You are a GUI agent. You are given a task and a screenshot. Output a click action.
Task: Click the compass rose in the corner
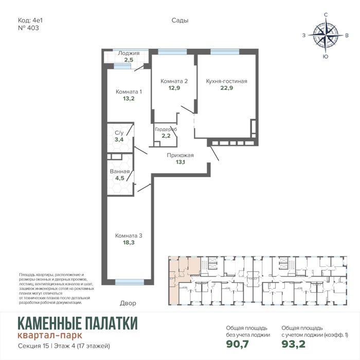tap(326, 35)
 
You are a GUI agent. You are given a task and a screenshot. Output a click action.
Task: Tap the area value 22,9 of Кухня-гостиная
tap(227, 88)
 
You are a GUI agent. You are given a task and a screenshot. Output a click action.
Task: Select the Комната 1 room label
tap(129, 92)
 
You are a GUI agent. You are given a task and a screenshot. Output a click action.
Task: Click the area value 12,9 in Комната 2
tap(174, 88)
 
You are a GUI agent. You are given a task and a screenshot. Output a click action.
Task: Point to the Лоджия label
tap(129, 53)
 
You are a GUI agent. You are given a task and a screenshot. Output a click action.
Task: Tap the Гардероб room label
tap(166, 129)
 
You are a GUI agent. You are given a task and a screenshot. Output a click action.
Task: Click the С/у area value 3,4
tap(119, 139)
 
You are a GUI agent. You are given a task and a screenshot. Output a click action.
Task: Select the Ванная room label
tap(120, 171)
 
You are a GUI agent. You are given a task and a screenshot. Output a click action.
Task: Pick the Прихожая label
tap(180, 155)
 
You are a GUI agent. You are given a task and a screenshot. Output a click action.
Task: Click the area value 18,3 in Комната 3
tap(129, 242)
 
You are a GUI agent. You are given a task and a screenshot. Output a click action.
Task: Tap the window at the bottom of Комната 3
tap(130, 282)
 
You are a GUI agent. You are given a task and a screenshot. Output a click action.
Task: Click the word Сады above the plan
tap(180, 21)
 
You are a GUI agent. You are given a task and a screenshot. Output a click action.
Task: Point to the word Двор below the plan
tap(128, 303)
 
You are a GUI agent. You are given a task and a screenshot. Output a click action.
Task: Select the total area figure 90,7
tap(238, 344)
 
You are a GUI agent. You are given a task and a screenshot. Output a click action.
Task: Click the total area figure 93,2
tap(294, 344)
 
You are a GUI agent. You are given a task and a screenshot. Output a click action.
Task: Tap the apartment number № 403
tap(28, 28)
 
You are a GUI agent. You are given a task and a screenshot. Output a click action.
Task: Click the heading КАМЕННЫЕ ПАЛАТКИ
tap(78, 323)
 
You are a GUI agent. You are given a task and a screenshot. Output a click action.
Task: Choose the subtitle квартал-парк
tap(50, 335)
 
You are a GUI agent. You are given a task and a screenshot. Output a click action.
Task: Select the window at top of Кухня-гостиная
tap(225, 51)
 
